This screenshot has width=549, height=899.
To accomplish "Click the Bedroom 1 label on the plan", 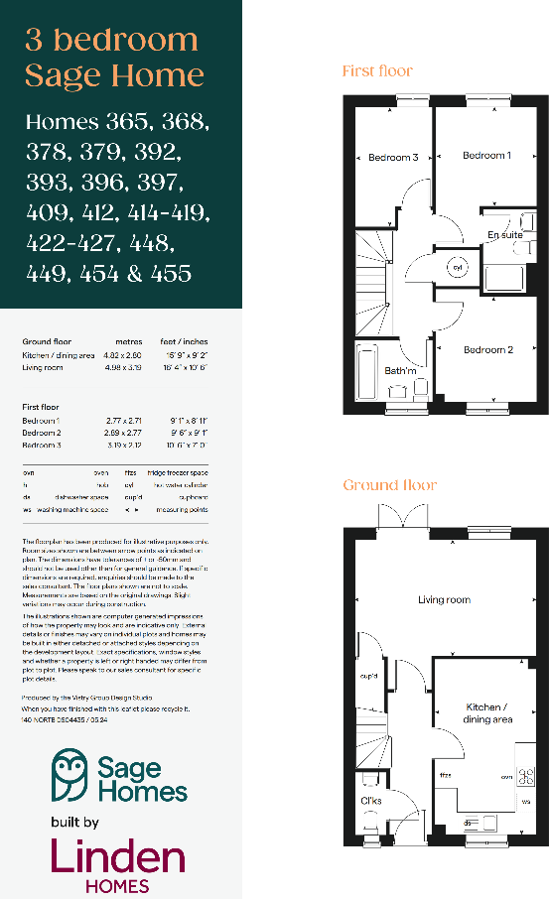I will pyautogui.click(x=486, y=155).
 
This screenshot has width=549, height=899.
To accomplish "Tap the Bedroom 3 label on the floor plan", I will pyautogui.click(x=393, y=157).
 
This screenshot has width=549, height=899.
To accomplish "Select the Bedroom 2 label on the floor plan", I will pyautogui.click(x=487, y=349).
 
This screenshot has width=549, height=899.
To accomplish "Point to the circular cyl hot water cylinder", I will pyautogui.click(x=458, y=268).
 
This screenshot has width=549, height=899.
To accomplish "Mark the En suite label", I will pyautogui.click(x=504, y=235).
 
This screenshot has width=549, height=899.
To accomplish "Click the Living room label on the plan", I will pyautogui.click(x=444, y=599).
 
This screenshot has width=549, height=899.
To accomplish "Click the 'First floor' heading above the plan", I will pyautogui.click(x=376, y=70).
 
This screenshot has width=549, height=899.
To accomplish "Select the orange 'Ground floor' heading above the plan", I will pyautogui.click(x=389, y=484).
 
